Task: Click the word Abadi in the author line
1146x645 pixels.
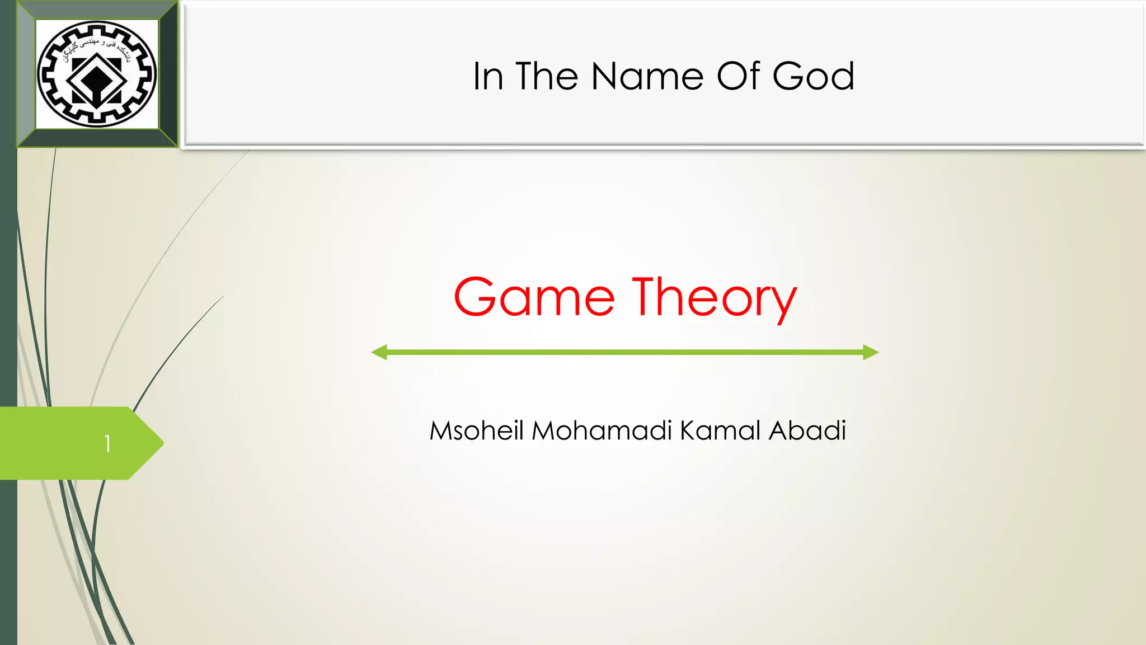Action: pyautogui.click(x=807, y=431)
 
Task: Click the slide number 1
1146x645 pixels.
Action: pyautogui.click(x=107, y=444)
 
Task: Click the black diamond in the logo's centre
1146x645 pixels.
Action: pyautogui.click(x=97, y=78)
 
